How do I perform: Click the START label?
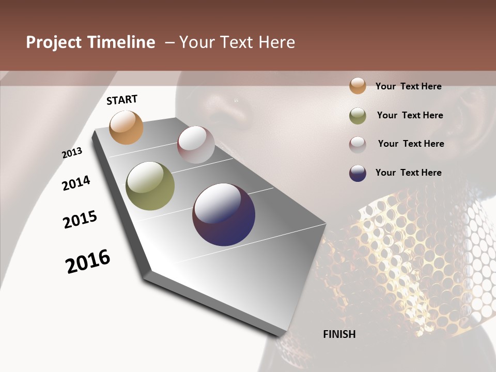122,100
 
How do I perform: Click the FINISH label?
339,334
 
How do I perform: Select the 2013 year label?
72,153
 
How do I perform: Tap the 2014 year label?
76,183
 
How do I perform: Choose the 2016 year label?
88,261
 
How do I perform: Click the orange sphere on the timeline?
126,127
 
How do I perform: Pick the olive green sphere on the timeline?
150,186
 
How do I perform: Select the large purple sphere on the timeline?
224,214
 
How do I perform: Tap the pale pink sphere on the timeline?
196,145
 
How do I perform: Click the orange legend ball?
358,86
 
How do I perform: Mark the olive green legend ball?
358,116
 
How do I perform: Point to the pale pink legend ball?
358,145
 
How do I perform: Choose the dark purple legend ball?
358,173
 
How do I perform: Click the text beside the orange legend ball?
408,86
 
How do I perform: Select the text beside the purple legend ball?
408,173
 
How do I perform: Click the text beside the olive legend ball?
410,115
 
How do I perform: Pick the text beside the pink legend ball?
411,144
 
